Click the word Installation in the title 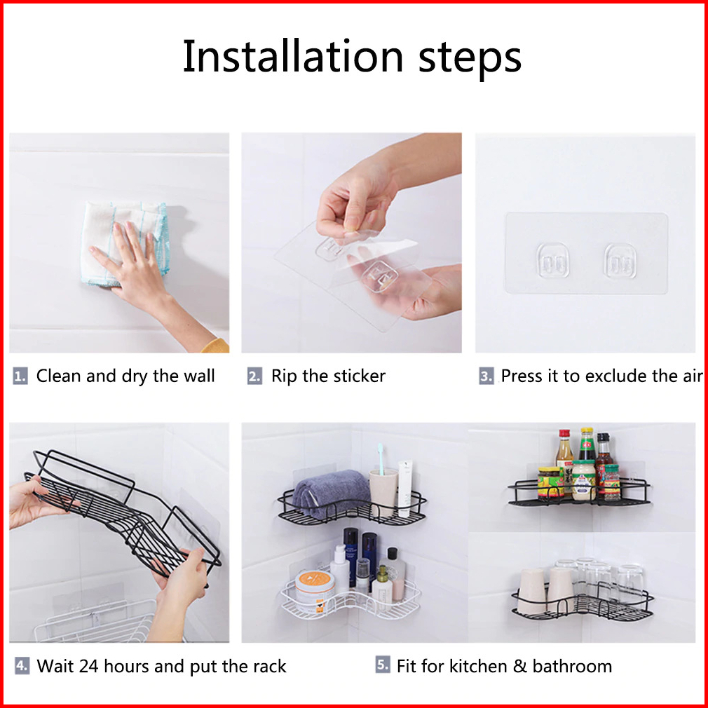[x=292, y=57]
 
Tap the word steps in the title [x=470, y=60]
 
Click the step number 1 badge [x=20, y=376]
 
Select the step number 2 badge [x=254, y=376]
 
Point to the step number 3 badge [x=486, y=376]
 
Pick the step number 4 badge [x=22, y=665]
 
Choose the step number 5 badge [x=383, y=665]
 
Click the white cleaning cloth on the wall [x=124, y=243]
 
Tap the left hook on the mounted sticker [x=552, y=261]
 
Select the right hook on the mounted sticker [x=620, y=261]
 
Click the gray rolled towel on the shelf [x=331, y=493]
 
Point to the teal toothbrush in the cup [x=381, y=458]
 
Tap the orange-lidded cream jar [x=314, y=591]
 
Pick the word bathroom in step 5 [x=572, y=666]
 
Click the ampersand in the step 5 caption [x=520, y=666]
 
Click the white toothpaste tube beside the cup [x=404, y=488]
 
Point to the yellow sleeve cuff [x=215, y=346]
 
